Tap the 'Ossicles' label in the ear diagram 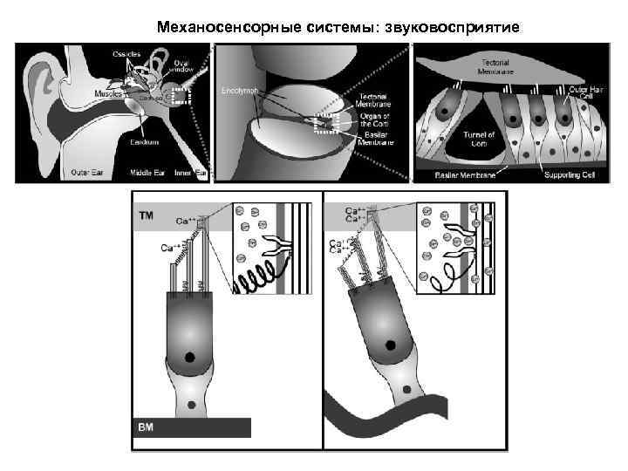[126, 54]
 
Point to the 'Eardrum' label [143, 141]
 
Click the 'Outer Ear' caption [88, 172]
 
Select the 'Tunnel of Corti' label [478, 139]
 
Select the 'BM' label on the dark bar [146, 427]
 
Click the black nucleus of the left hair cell [190, 356]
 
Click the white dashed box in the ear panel [181, 97]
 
